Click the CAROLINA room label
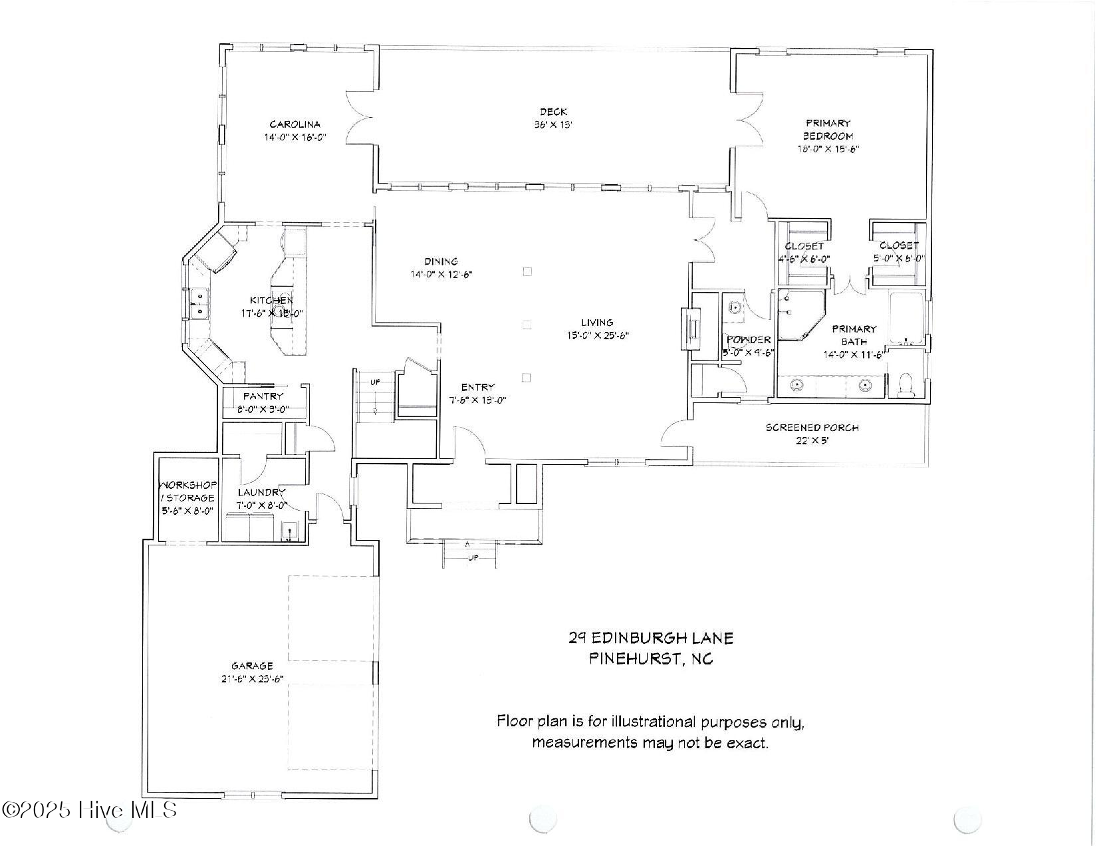(295, 124)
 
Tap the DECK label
(553, 112)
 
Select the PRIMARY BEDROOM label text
(828, 129)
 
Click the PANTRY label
(263, 396)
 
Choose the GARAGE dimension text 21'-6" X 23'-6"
(252, 679)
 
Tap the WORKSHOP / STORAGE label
(187, 492)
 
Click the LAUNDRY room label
(261, 493)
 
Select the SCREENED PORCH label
(812, 428)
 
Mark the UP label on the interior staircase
(375, 382)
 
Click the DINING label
(441, 261)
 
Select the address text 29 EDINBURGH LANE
(650, 638)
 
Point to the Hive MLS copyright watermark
(90, 810)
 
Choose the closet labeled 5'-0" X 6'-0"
(899, 252)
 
